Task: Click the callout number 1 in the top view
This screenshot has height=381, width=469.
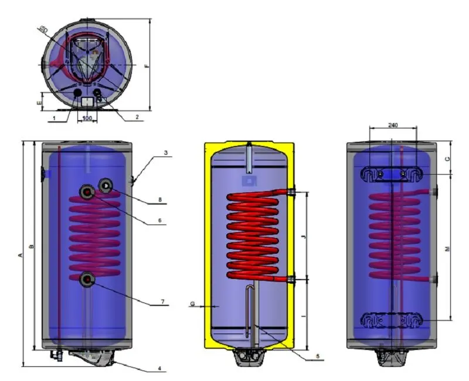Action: pos(53,118)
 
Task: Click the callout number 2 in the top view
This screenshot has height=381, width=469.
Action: pos(137,117)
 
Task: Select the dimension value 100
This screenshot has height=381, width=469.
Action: pos(87,119)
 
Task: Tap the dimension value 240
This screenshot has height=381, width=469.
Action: pos(393,125)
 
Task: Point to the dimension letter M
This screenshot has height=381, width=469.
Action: pos(447,249)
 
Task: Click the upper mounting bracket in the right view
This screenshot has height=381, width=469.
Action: pos(392,175)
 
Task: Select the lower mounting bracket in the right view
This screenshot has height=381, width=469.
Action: pos(392,321)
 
